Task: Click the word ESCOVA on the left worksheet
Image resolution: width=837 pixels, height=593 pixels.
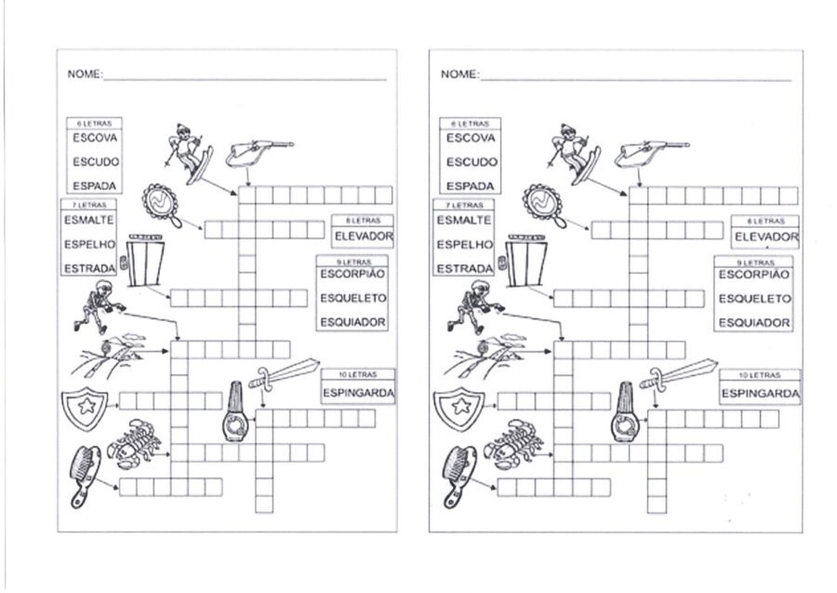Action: tap(95, 138)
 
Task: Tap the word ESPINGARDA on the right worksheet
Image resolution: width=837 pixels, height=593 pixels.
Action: tap(761, 394)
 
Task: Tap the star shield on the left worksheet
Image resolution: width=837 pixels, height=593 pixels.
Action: tap(85, 410)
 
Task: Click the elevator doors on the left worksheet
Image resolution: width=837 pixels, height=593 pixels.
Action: tap(145, 260)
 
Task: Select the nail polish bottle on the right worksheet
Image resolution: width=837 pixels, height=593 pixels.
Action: tap(625, 411)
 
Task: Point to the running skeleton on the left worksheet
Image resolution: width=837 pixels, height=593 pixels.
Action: tap(100, 305)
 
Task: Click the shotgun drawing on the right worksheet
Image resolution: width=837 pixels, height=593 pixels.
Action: tap(651, 153)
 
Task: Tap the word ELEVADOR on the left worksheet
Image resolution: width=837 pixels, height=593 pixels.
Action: tap(364, 236)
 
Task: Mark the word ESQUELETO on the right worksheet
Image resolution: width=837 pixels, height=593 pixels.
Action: tap(754, 299)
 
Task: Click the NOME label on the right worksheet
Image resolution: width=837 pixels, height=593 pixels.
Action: tap(459, 74)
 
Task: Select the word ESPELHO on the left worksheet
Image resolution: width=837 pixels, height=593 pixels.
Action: tap(89, 244)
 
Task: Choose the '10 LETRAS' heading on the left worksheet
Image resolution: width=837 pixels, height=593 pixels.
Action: tap(357, 374)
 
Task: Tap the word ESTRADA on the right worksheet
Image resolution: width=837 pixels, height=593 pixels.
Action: tap(464, 269)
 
